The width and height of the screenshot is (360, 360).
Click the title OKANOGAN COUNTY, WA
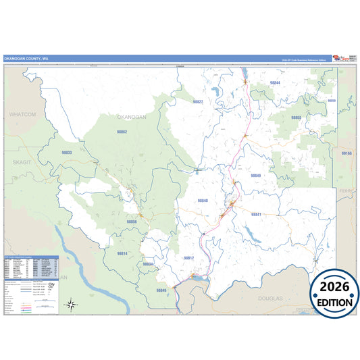(x=26, y=59)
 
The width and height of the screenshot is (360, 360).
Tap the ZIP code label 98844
(x=275, y=82)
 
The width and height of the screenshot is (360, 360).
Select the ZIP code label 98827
(x=198, y=101)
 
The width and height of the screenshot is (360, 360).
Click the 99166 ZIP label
(x=346, y=154)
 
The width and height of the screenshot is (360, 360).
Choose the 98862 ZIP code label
(x=122, y=132)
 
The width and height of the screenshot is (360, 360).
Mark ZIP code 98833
(x=67, y=153)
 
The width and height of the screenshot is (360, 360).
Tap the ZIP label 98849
(x=255, y=176)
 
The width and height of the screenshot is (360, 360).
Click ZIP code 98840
(x=203, y=201)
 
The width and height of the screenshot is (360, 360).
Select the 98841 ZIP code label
(x=256, y=214)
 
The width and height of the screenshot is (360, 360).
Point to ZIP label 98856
(x=131, y=222)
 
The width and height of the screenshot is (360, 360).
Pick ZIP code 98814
(x=122, y=253)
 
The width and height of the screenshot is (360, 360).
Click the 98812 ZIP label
(x=188, y=258)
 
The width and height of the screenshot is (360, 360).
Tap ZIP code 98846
(x=161, y=290)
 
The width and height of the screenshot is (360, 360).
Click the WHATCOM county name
(x=22, y=115)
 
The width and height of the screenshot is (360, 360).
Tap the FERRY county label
(x=346, y=192)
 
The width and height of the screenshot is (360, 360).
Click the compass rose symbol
(x=72, y=305)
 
